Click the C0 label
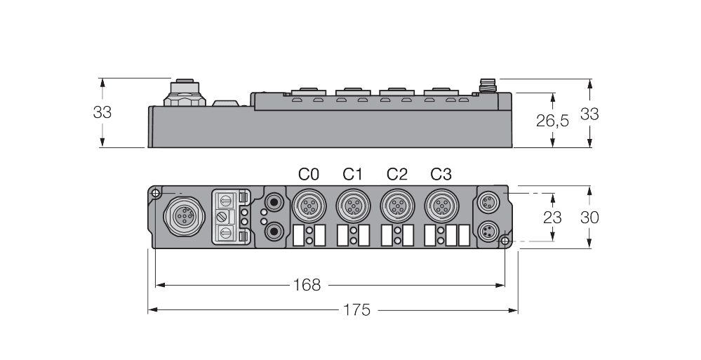coord(309,174)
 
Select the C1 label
coord(353,174)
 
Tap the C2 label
coord(397,174)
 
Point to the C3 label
coord(441,174)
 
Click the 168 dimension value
coord(307,285)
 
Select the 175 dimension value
coord(356,309)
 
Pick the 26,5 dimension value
coord(552,121)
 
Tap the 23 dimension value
coord(552,218)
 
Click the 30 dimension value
coord(589,218)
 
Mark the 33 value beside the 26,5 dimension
coord(589,114)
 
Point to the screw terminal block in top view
coord(229,217)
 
